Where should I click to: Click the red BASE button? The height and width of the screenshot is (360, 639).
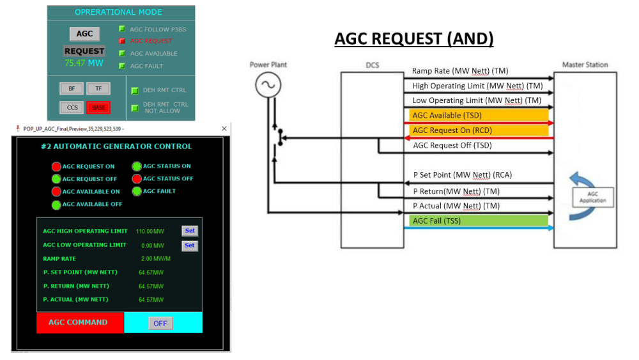coord(98,107)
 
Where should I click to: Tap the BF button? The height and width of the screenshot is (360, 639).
coord(72,89)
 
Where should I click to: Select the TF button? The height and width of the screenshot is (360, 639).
coord(98,89)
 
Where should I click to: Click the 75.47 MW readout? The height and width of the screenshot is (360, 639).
coord(84,63)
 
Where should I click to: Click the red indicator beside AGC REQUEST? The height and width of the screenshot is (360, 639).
coord(122,41)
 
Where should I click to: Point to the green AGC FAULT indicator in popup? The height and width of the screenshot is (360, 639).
coord(137,191)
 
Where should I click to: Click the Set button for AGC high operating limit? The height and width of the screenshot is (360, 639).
coord(190,231)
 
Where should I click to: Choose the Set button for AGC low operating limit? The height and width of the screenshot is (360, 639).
coord(190,245)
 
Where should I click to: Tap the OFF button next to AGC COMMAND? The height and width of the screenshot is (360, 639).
coord(160,324)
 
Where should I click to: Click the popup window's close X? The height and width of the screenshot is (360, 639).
coord(224,129)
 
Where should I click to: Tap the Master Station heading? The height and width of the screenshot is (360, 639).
coord(585,65)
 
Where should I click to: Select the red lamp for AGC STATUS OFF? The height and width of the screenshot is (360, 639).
coord(137,179)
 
